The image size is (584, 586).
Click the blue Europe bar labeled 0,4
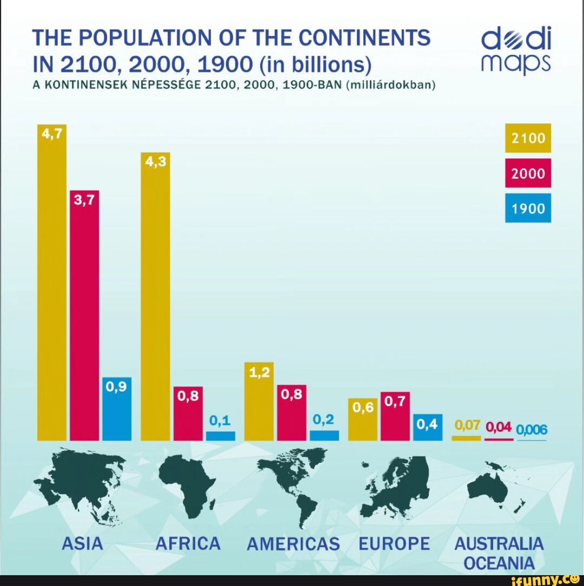[428, 427]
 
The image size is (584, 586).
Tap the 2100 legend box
[528, 138]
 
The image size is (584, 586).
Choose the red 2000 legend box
[528, 174]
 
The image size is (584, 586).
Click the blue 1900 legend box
[528, 208]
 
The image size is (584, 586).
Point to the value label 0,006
[532, 430]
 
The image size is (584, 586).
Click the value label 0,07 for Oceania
[468, 426]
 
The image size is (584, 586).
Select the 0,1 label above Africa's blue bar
[220, 421]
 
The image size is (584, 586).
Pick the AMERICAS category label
[293, 543]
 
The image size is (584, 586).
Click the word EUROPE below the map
[395, 543]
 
